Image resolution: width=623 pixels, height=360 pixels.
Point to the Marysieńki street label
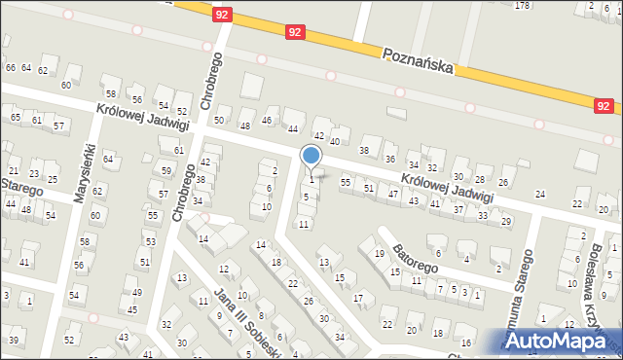click(x=85, y=173)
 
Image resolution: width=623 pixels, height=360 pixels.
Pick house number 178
click(x=523, y=6)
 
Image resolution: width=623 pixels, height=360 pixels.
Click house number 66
click(x=11, y=68)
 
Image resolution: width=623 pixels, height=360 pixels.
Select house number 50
click(x=219, y=121)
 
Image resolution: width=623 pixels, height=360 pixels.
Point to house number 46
click(x=268, y=121)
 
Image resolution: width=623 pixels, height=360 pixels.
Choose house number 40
click(x=335, y=141)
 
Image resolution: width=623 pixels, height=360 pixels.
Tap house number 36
click(x=390, y=160)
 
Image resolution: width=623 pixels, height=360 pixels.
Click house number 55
click(x=345, y=182)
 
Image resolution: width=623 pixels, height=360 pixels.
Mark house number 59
click(x=166, y=171)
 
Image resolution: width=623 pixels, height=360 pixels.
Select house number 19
click(x=379, y=253)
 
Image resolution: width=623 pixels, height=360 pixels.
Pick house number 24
click(x=540, y=194)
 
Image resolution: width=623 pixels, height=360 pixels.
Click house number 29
click(x=506, y=222)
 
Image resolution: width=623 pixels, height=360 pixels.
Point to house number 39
click(x=14, y=340)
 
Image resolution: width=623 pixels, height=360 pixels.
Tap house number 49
click(x=135, y=293)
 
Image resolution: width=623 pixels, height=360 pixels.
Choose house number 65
click(x=16, y=118)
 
